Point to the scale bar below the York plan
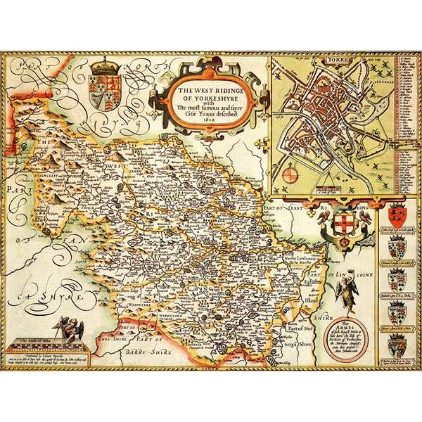pos(329,188)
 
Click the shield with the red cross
pos(345,224)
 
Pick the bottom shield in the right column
pos(397,345)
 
